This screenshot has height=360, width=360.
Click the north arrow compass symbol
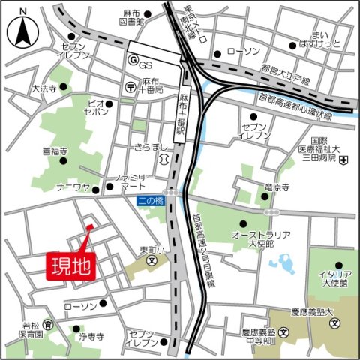pyautogui.click(x=22, y=31)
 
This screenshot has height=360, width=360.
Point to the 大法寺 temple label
pyautogui.click(x=44, y=88)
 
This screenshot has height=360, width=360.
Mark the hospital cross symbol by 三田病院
pyautogui.click(x=342, y=160)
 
